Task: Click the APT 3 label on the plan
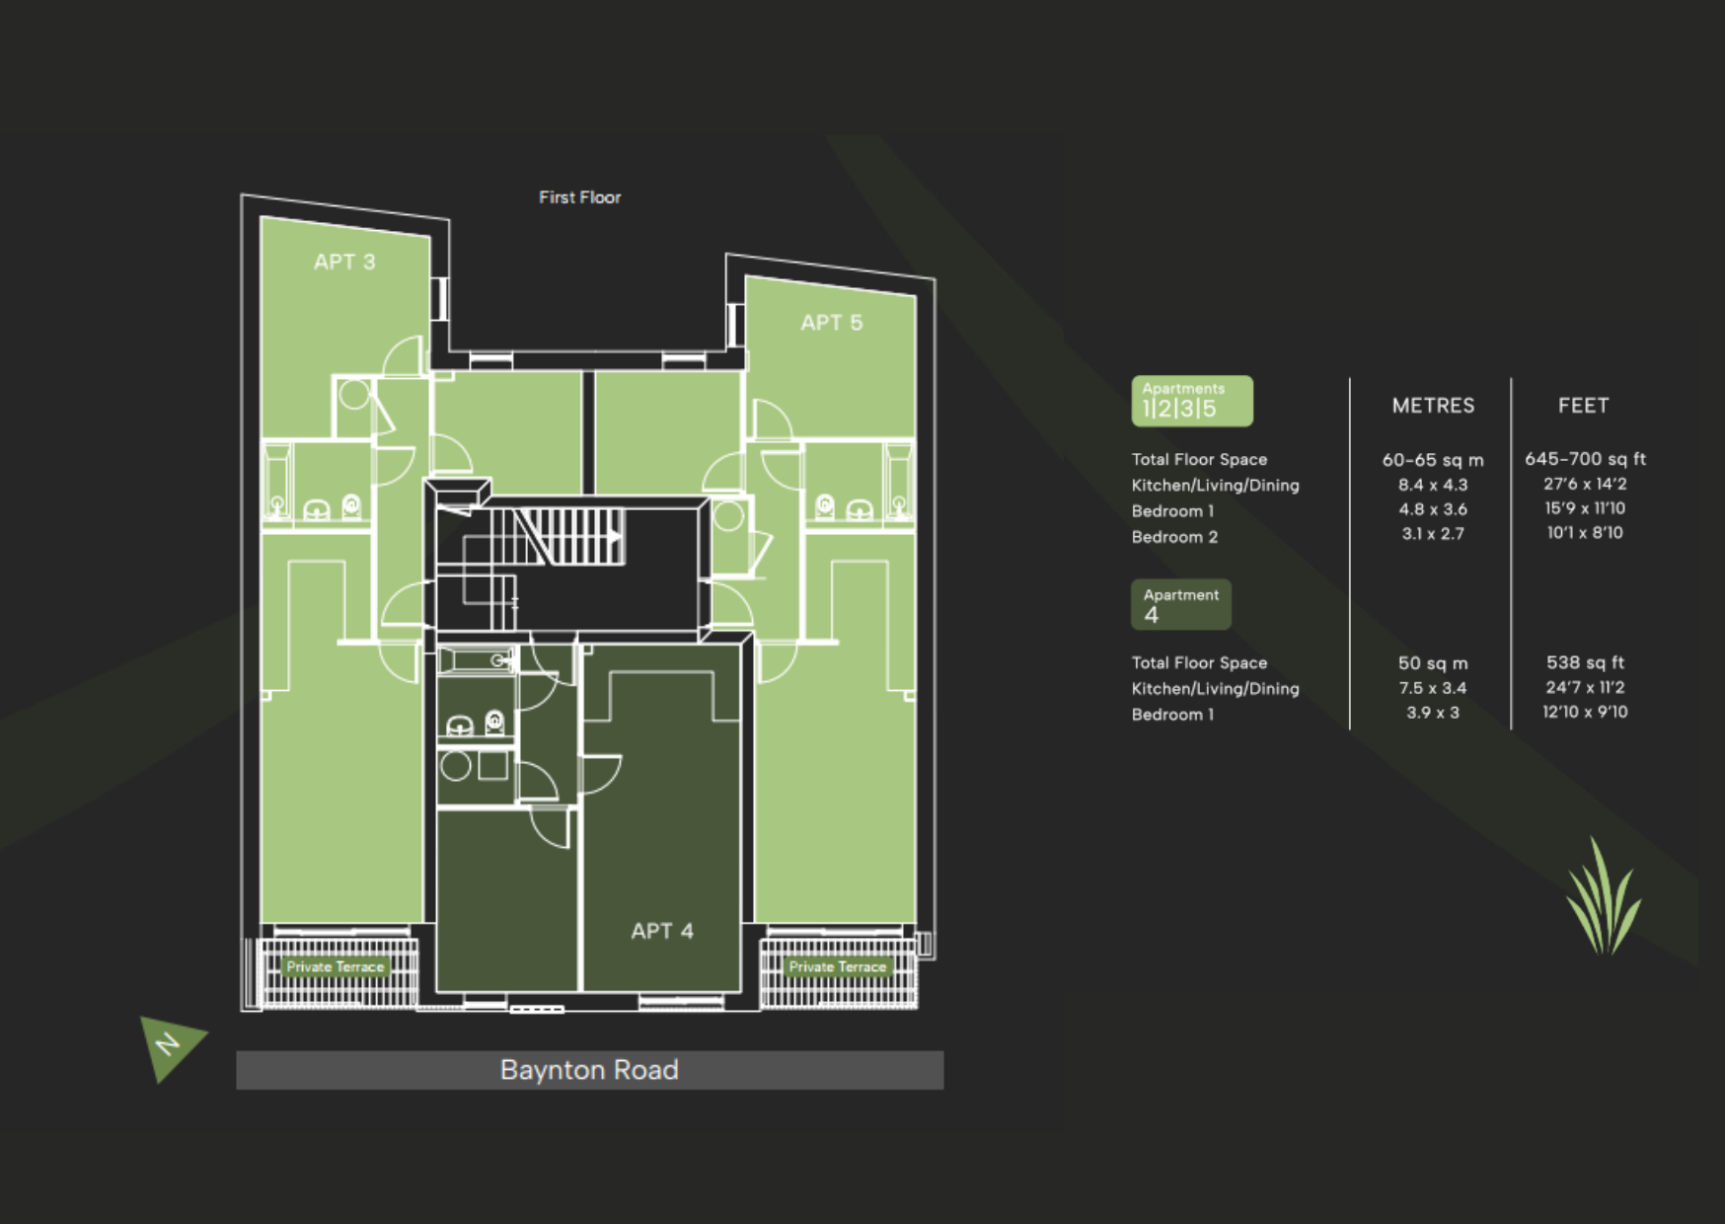(x=344, y=262)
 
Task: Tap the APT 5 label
(x=831, y=323)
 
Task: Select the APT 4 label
(x=662, y=931)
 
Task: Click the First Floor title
(x=580, y=197)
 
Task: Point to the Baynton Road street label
(x=589, y=1070)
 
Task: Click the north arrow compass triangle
(x=170, y=1045)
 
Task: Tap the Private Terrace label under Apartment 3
(x=336, y=967)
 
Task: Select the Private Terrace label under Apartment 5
(x=837, y=967)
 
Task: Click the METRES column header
(x=1433, y=406)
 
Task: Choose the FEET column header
(x=1583, y=406)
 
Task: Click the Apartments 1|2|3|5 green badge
(x=1192, y=401)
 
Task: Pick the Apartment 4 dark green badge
(x=1181, y=604)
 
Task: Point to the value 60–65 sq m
(x=1433, y=460)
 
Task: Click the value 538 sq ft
(x=1585, y=662)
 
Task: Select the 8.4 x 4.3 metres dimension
(x=1433, y=485)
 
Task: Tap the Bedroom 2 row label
(x=1174, y=537)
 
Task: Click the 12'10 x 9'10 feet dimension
(x=1585, y=712)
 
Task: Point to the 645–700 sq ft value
(x=1585, y=459)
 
